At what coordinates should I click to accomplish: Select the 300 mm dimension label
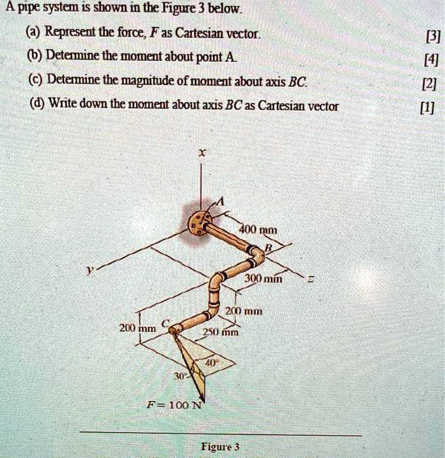coord(262,279)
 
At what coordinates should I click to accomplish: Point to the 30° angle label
coord(179,376)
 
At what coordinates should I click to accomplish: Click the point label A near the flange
coord(219,202)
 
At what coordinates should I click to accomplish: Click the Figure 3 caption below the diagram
coord(220,446)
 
